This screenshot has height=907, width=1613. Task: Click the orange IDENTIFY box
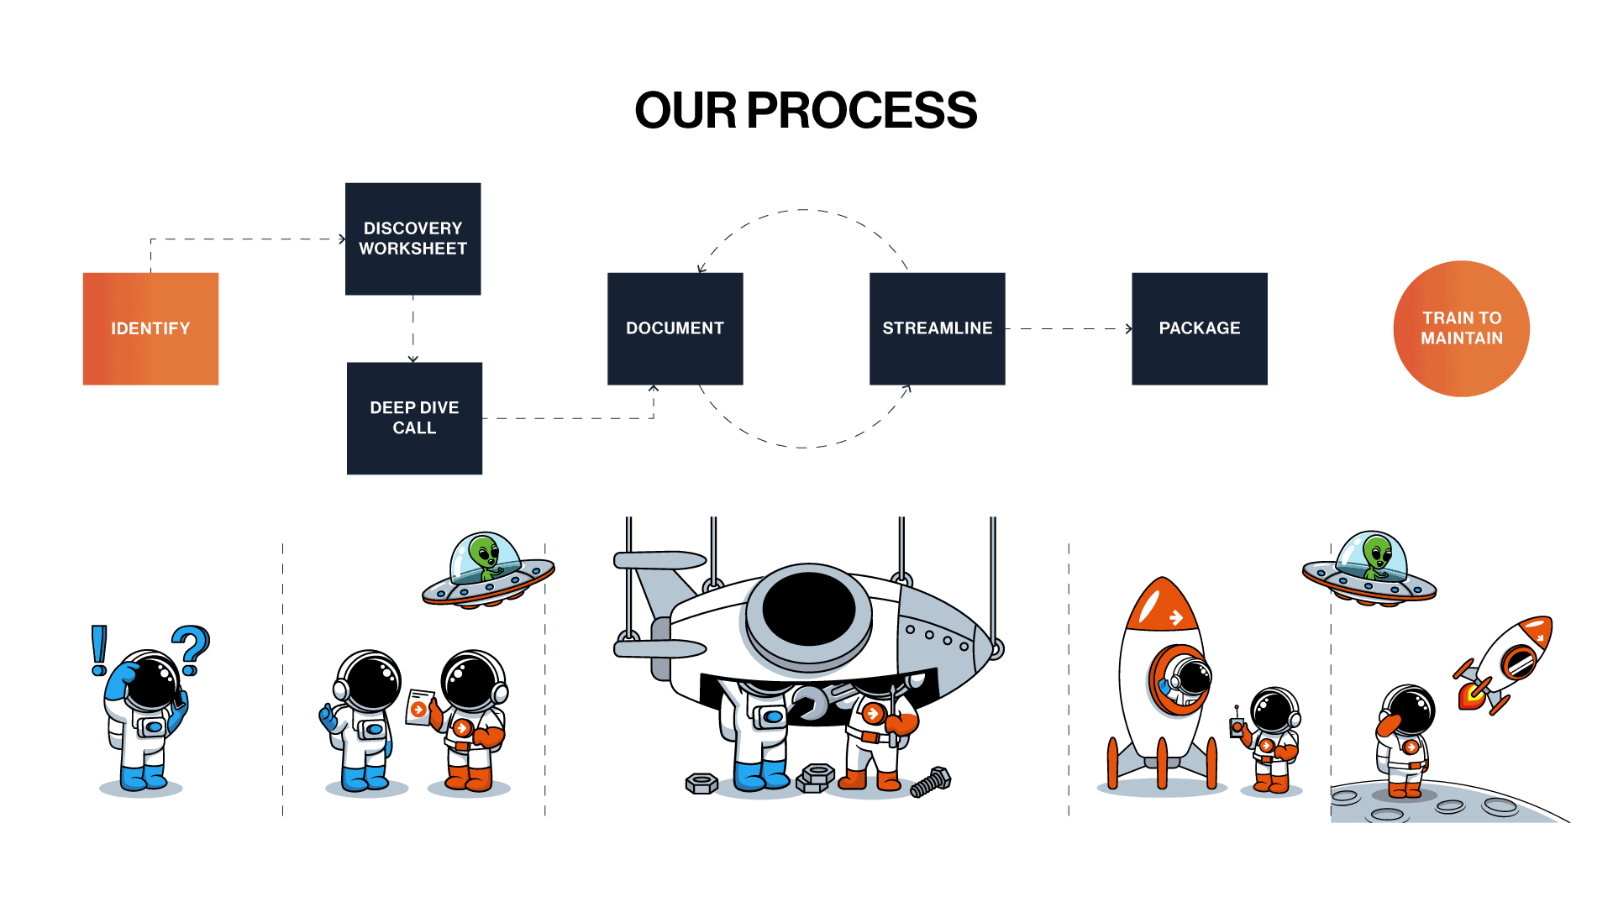click(x=150, y=328)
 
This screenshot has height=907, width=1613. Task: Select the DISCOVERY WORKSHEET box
click(x=412, y=239)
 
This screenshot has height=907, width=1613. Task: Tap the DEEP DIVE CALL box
click(x=414, y=418)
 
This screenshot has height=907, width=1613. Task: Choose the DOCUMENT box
click(x=675, y=328)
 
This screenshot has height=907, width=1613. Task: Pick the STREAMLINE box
click(x=937, y=328)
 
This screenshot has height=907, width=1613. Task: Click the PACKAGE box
click(x=1199, y=328)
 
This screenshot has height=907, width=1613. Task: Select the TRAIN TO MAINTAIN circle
click(x=1461, y=328)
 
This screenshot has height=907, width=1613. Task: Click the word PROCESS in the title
click(x=861, y=110)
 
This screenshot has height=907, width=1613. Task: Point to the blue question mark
click(x=192, y=650)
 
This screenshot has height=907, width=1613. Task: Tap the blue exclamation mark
click(x=99, y=650)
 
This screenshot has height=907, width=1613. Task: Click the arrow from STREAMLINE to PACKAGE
click(x=1069, y=328)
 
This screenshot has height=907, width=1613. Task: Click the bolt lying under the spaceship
click(x=931, y=782)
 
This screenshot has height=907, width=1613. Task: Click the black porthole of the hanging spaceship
click(x=808, y=609)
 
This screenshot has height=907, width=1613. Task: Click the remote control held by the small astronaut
click(x=1237, y=725)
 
